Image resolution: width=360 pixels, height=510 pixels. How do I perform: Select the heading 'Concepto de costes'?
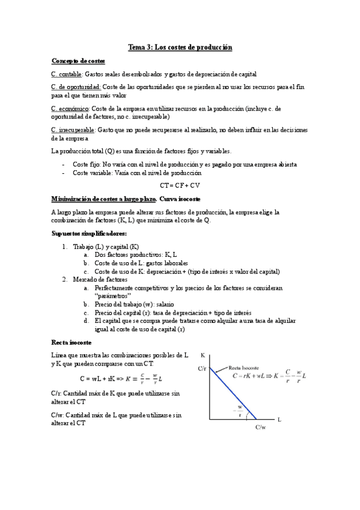[x=78, y=61]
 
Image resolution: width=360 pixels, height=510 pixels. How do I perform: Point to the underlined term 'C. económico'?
[x=70, y=109]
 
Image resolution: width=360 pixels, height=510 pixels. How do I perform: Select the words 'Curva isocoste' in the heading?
[x=181, y=198]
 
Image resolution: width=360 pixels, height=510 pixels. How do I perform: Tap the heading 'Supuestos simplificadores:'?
[x=81, y=233]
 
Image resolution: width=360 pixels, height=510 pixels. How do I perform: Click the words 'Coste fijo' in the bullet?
[x=87, y=164]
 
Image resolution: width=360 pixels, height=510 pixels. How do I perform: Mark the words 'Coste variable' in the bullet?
[x=91, y=173]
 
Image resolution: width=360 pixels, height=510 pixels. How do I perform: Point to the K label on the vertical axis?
[x=203, y=355]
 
